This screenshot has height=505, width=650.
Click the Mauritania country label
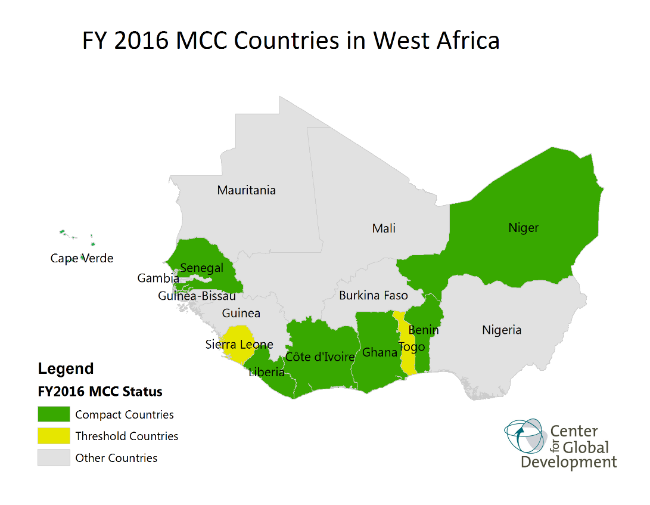coord(246,190)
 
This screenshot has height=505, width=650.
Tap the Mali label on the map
coord(384,228)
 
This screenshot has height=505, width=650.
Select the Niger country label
coord(523,227)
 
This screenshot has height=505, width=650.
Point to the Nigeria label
coord(502,330)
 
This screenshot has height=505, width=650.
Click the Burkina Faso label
coord(374,295)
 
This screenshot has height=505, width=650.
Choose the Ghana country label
coord(380,352)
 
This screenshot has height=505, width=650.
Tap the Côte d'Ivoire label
coord(320,357)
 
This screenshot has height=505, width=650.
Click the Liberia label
coord(266,373)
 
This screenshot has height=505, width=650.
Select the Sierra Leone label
coord(239,344)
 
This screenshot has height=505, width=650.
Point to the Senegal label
coord(201,268)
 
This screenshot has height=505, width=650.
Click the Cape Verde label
coord(82,258)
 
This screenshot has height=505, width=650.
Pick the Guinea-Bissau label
coord(197,296)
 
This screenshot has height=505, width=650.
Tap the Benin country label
coord(424,330)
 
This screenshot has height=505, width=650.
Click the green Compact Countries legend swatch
coord(54,414)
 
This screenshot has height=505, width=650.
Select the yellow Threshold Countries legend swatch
coord(54,436)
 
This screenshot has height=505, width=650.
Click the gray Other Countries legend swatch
coord(54,458)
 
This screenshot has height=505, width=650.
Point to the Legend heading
coord(66,368)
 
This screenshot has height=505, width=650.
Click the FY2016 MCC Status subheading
coord(99,392)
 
